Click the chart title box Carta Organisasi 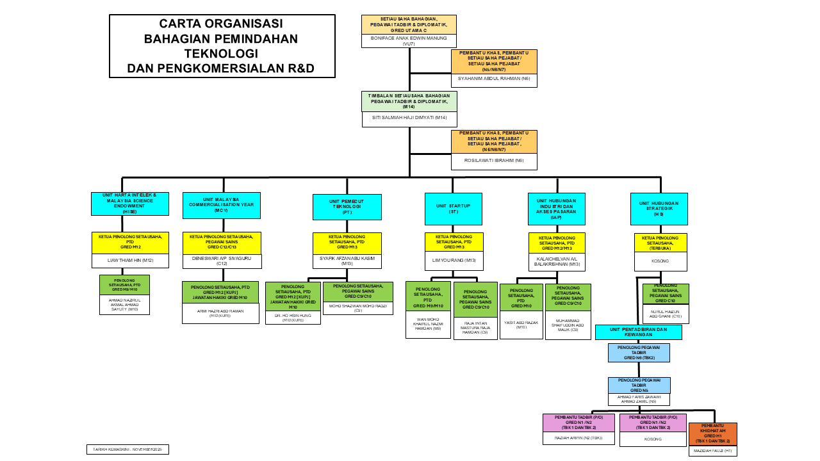click(x=222, y=46)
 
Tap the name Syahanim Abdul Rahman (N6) click(x=494, y=79)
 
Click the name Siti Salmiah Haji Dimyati click(x=409, y=118)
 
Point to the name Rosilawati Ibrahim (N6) click(x=494, y=160)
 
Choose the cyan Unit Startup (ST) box click(x=454, y=209)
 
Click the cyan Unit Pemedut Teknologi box click(x=347, y=207)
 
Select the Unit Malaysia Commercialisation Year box click(x=221, y=205)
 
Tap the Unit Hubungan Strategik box click(x=659, y=209)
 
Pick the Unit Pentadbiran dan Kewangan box click(x=638, y=332)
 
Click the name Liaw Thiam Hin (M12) click(x=130, y=260)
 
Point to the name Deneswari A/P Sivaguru click(x=222, y=261)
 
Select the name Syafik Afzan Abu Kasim click(x=347, y=261)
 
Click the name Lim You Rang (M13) click(x=454, y=261)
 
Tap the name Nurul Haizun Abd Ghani click(x=665, y=313)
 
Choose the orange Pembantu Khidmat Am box click(x=712, y=433)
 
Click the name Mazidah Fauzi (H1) click(x=712, y=451)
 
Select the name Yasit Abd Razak click(x=521, y=325)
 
